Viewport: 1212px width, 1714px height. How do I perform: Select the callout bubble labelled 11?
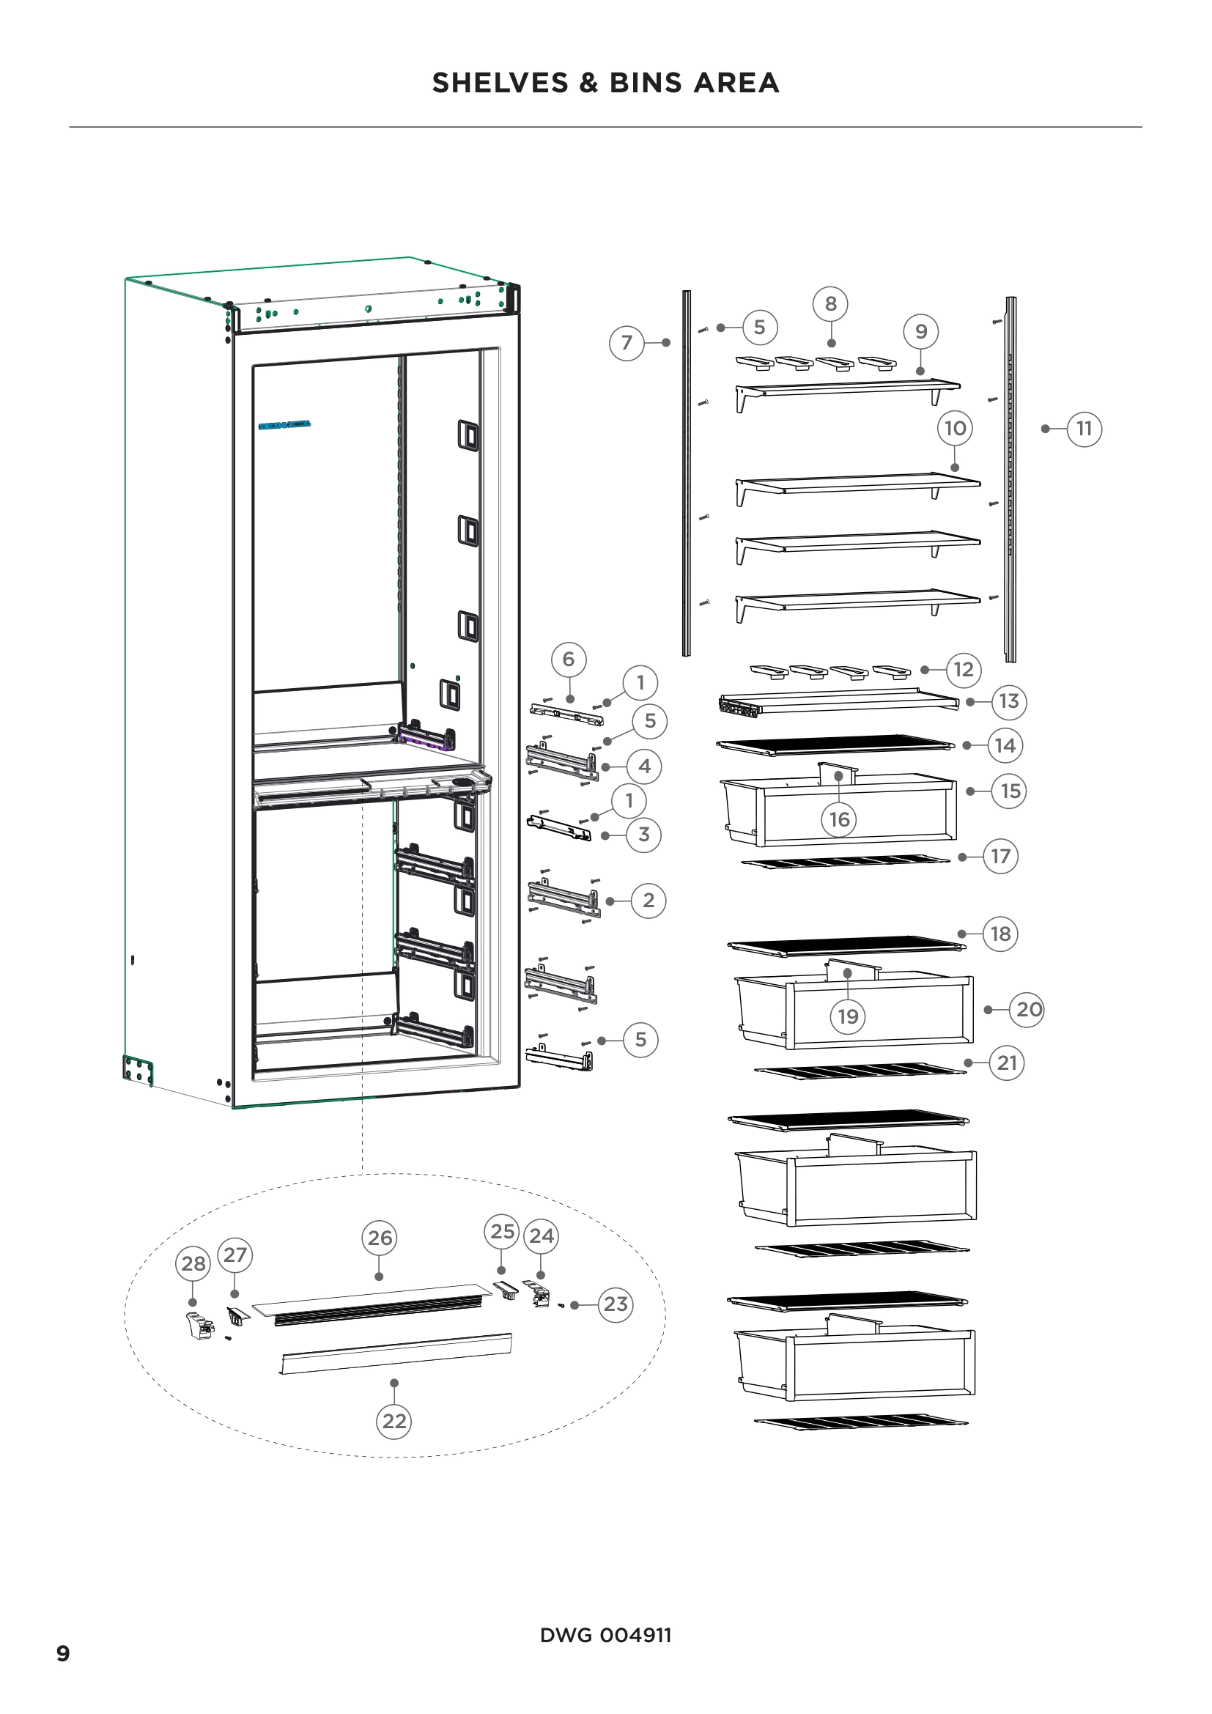point(1084,429)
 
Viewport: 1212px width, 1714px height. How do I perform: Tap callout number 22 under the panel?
point(394,1421)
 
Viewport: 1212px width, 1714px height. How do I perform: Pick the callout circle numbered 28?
point(193,1264)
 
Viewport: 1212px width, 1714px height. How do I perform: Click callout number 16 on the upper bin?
point(840,820)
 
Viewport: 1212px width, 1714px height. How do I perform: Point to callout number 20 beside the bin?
point(1028,1009)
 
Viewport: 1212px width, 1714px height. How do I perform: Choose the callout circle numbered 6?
point(569,660)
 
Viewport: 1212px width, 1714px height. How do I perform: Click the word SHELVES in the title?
point(499,83)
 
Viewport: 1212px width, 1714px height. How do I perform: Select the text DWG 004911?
point(605,1636)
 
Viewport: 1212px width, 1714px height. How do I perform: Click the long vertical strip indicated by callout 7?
point(687,473)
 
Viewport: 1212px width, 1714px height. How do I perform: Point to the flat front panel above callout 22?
point(396,1353)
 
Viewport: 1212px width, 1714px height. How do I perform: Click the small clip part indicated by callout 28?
point(199,1326)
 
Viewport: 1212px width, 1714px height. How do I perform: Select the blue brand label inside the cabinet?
point(284,426)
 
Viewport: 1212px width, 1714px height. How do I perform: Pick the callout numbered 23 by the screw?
point(615,1304)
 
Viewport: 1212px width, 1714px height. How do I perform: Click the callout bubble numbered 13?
point(1008,701)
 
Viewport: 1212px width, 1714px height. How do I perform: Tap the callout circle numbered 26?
point(380,1238)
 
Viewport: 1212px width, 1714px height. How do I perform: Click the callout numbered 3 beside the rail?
point(643,835)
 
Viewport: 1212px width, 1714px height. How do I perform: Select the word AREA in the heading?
point(736,83)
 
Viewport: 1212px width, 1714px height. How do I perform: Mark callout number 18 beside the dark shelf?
point(1000,933)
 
